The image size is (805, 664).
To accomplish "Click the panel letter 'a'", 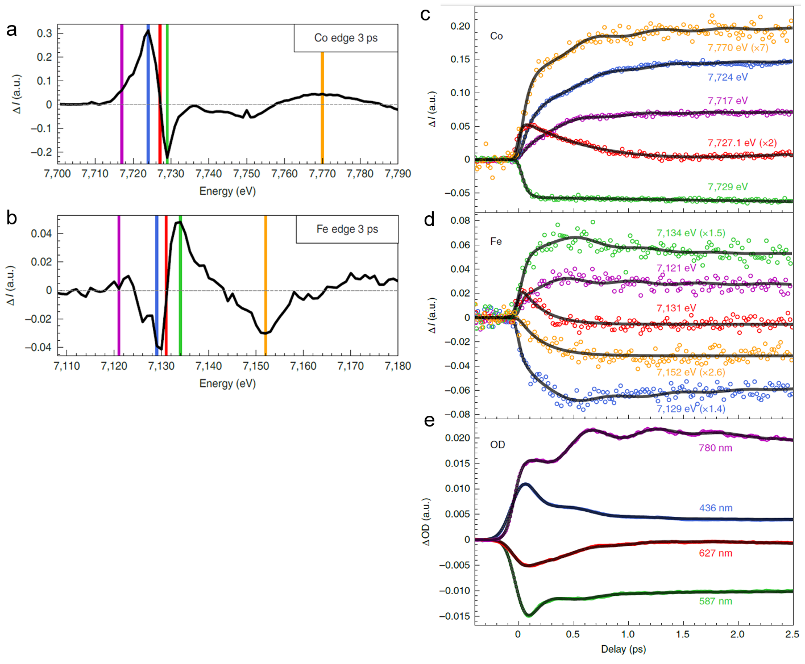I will pos(11,30).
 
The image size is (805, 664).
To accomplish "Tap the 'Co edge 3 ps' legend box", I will pos(346,38).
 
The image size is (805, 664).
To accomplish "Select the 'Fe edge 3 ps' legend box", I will pos(347,229).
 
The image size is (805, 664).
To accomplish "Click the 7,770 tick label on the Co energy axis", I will pos(322,174).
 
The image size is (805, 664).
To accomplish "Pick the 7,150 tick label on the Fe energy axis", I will pos(256,366).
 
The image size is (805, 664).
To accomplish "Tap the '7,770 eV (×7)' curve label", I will pos(738,48).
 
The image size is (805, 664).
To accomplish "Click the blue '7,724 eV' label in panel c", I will pos(728,77).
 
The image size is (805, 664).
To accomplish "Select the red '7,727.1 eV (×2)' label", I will pos(742,143).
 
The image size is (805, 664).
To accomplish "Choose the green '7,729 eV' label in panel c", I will pos(728,187).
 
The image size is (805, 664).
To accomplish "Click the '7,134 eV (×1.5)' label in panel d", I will pos(691,233).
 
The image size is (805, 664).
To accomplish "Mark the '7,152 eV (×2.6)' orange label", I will pos(691,373).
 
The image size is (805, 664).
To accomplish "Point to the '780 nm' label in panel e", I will pos(715,448).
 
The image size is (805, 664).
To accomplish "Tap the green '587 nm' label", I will pos(715,601).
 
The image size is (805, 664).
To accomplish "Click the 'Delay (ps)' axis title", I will pos(623,649).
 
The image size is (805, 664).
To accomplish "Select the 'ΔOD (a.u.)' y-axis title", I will pos(426,522).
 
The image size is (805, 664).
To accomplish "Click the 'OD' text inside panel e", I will pos(497,445).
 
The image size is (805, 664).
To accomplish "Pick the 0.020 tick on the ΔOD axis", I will pos(458,438).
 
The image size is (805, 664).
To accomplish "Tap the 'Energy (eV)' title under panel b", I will pos(227,383).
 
